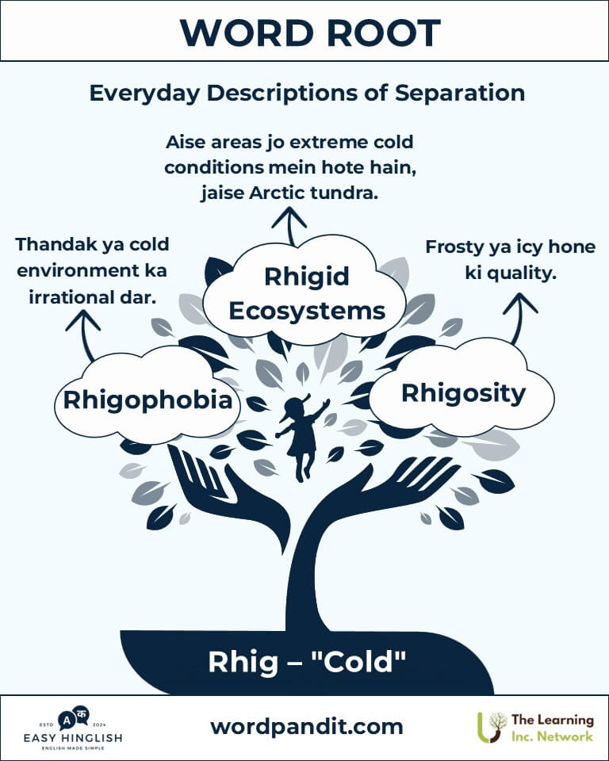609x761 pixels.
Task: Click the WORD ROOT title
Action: [310, 33]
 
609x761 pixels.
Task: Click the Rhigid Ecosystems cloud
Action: [304, 291]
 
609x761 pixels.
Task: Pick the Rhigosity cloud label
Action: [463, 394]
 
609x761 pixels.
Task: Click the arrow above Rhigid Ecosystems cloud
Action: [289, 226]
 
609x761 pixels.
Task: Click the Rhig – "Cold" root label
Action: [307, 662]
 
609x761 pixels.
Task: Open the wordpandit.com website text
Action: [307, 727]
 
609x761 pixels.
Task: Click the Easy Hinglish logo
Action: [73, 728]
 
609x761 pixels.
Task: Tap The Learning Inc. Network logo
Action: [536, 728]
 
